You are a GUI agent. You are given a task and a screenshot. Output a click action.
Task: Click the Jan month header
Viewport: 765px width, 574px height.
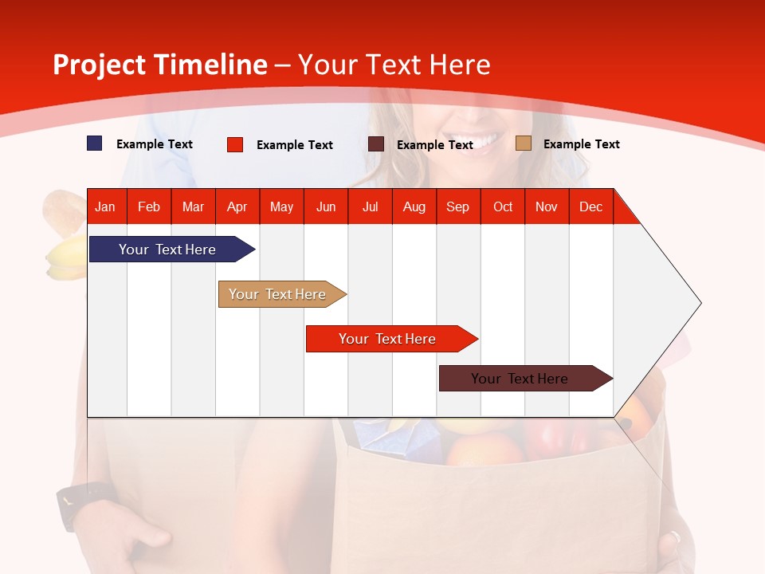(x=105, y=206)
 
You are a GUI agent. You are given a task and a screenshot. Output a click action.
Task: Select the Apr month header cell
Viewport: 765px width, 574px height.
(x=237, y=206)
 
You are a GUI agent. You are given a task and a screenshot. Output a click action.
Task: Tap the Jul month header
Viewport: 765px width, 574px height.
(x=370, y=206)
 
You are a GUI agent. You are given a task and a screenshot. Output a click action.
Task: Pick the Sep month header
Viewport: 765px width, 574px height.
(x=457, y=206)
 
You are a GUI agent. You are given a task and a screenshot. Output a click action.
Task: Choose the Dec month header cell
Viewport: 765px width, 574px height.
(x=590, y=206)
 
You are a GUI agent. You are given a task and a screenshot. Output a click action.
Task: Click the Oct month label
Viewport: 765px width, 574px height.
(x=503, y=206)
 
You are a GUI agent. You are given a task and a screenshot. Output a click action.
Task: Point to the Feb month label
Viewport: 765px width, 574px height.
(x=149, y=206)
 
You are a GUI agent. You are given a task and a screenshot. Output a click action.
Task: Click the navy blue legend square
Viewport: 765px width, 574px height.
(x=95, y=143)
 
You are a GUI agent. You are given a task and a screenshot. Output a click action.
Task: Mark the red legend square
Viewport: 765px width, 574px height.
(x=235, y=144)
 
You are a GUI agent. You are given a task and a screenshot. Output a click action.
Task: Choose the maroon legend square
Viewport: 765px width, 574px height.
(x=376, y=144)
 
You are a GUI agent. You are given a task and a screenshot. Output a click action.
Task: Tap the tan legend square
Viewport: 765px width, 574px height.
(x=523, y=143)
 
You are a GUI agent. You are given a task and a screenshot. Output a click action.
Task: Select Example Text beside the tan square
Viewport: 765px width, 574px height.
(x=581, y=144)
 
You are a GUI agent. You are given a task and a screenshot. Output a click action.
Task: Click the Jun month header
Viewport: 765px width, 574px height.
(x=326, y=206)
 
